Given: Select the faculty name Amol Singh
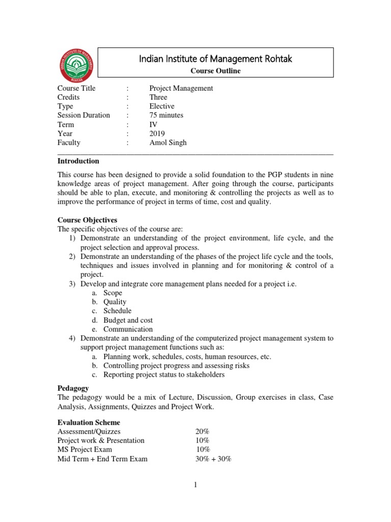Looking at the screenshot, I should (168, 143).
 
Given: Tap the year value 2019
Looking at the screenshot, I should (157, 134).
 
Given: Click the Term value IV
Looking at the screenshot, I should (153, 124).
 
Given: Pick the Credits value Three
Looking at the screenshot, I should (158, 97).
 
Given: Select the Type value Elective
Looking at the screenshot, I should (162, 106).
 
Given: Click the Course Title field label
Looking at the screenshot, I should (76, 88).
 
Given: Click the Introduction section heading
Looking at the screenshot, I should (78, 161).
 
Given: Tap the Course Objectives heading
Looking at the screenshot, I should (87, 220).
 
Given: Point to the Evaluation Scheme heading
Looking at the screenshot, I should (89, 423).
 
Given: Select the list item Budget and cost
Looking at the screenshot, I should (128, 320).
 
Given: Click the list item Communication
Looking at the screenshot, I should (128, 329).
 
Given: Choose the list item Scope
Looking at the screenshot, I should (113, 293).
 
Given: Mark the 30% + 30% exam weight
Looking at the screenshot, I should (213, 459).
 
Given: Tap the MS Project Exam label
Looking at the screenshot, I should (85, 450).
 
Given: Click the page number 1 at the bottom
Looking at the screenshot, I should (195, 485).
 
